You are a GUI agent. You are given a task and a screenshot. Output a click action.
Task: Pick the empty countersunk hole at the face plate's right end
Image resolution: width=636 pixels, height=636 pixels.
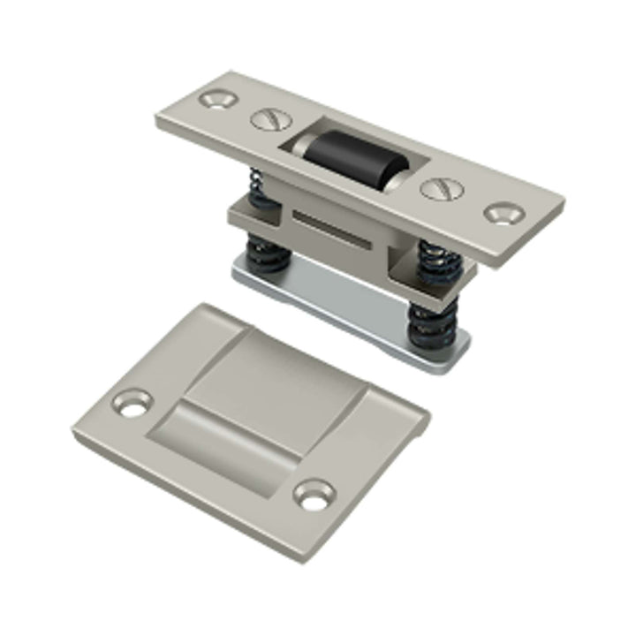504,212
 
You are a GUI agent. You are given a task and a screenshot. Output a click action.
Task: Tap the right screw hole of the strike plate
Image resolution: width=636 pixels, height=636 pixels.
313,496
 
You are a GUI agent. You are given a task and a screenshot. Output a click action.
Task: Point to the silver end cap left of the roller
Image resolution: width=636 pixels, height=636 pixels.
294,146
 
